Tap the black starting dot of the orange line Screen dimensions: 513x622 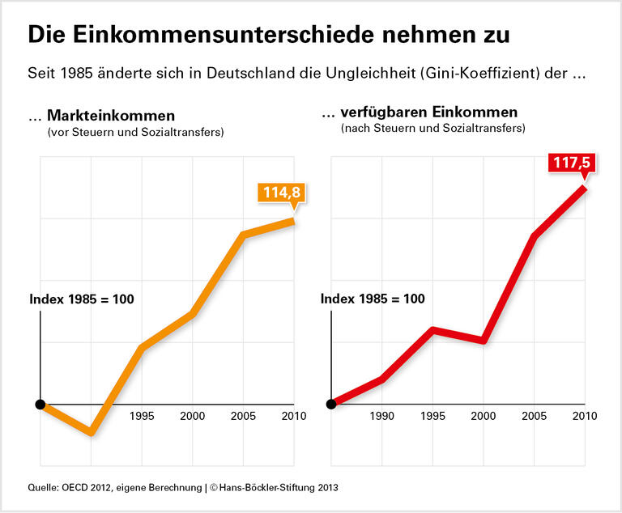[x=40, y=404]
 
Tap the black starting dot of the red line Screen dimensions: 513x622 [x=331, y=404]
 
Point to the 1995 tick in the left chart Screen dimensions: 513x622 [x=142, y=417]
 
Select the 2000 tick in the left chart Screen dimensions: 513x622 [x=192, y=417]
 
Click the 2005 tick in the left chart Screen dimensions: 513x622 [x=242, y=417]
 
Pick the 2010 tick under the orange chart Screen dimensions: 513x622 [x=292, y=417]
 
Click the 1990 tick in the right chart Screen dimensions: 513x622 [x=381, y=417]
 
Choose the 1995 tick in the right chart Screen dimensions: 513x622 [x=433, y=417]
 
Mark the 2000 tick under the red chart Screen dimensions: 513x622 [x=484, y=417]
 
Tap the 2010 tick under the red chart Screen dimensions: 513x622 [x=584, y=417]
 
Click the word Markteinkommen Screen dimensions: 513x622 [x=111, y=115]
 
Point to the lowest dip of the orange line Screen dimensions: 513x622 [x=92, y=431]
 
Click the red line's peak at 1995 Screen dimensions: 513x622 [x=433, y=329]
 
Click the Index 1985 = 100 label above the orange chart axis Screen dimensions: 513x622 [x=81, y=299]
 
